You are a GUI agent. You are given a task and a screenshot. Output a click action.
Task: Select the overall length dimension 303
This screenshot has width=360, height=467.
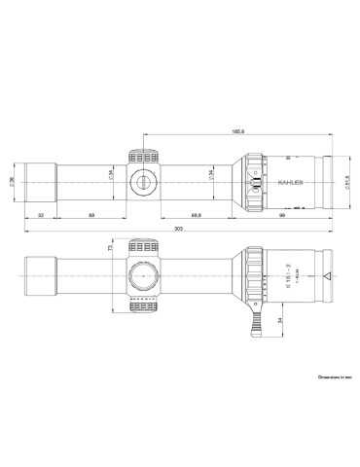click(x=177, y=229)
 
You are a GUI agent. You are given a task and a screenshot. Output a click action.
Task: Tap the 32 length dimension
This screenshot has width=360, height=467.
click(x=40, y=213)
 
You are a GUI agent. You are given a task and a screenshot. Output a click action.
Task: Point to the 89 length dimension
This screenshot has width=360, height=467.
click(x=90, y=213)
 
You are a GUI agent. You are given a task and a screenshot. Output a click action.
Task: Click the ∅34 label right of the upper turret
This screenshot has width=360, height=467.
click(x=208, y=175)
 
